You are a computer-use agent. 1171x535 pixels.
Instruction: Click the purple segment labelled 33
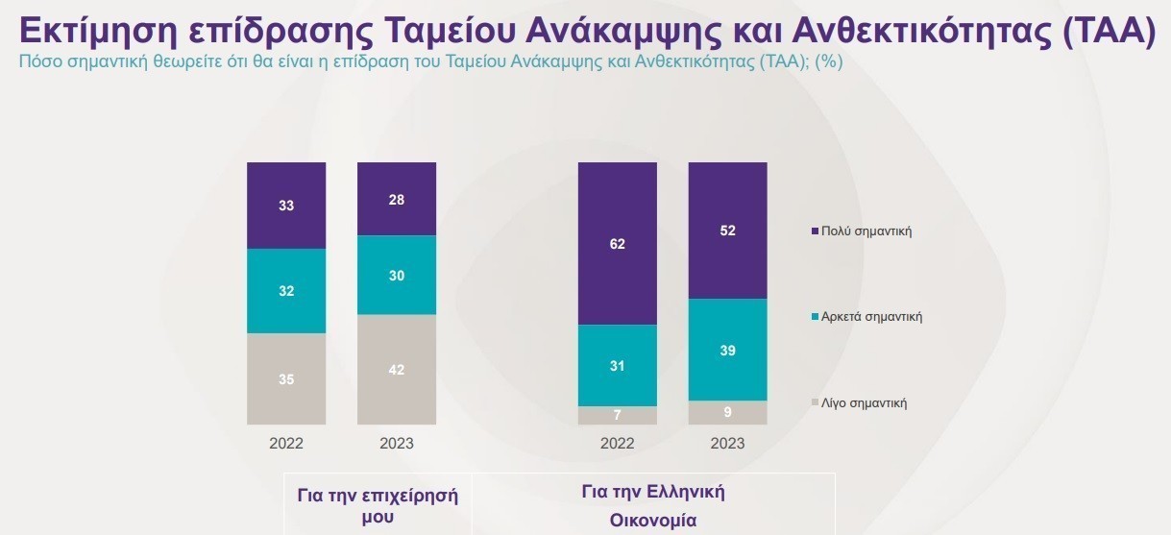click(x=286, y=206)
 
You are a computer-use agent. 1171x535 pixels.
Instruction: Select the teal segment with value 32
click(x=286, y=291)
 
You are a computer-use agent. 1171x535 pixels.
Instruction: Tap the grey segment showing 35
click(x=286, y=378)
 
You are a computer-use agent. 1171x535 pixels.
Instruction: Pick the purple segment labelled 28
click(x=397, y=199)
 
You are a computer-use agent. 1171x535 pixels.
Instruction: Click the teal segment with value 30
click(x=397, y=275)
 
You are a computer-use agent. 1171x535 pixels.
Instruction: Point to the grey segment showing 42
click(x=397, y=369)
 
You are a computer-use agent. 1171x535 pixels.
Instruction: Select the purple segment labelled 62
click(x=617, y=244)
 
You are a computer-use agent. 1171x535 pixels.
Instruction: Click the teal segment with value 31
click(x=617, y=365)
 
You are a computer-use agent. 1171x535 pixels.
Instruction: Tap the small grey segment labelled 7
click(x=617, y=415)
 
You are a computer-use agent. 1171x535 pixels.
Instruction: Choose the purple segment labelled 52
click(x=727, y=231)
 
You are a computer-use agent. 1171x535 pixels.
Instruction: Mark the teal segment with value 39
click(x=727, y=350)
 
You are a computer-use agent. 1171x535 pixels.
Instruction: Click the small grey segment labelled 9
click(x=727, y=412)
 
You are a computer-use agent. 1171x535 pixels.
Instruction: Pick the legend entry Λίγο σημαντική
click(x=864, y=403)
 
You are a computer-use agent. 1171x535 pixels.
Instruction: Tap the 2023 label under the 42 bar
click(x=397, y=444)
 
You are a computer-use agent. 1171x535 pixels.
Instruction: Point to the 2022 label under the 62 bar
click(x=617, y=444)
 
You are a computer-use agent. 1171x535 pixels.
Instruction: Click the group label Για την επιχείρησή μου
click(x=378, y=506)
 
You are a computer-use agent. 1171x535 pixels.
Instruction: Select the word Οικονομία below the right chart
click(x=652, y=521)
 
